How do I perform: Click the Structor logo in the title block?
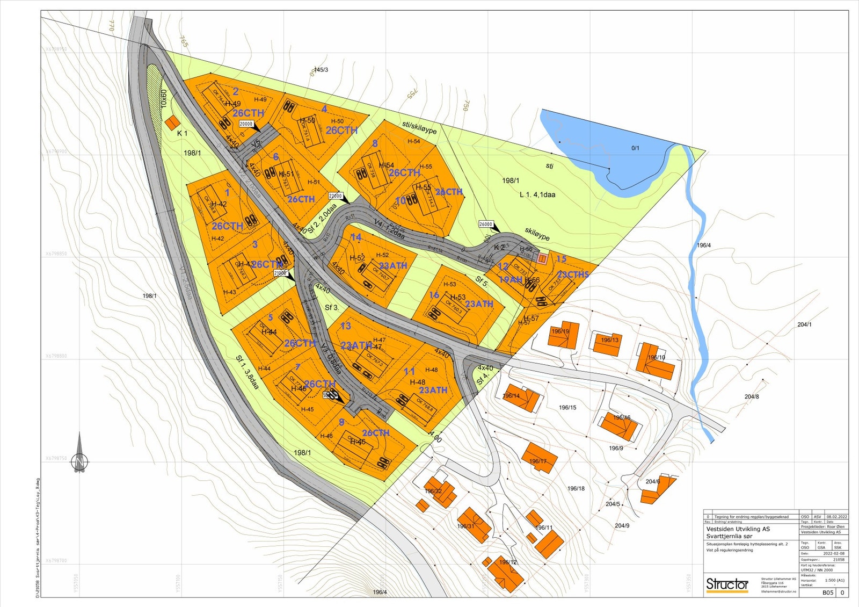coord(727,584)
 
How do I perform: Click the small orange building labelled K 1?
coord(172,123)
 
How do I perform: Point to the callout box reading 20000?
coord(246,124)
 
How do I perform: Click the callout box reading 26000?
coord(485,224)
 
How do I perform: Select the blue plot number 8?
coord(375,143)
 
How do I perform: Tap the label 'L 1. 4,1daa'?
coord(537,194)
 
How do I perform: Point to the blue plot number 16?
coord(434,295)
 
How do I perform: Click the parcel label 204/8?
coord(752,396)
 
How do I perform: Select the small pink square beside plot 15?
coord(542,259)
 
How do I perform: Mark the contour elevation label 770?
coord(112,26)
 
